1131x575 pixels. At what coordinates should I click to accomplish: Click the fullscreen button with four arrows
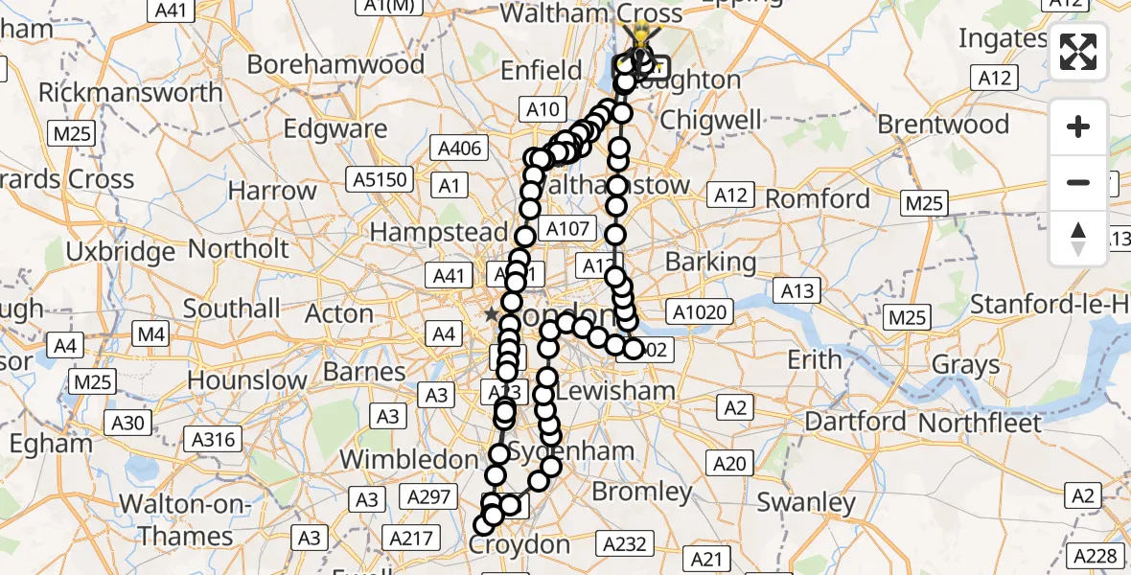(1078, 53)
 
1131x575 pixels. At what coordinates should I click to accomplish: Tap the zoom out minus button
(1078, 182)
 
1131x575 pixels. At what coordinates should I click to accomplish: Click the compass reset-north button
(1078, 239)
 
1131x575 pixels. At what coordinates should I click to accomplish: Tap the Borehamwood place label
(335, 64)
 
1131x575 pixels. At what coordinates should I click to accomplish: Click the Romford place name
(819, 199)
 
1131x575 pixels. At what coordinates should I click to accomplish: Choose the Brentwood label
(943, 125)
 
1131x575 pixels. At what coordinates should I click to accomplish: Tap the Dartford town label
(855, 421)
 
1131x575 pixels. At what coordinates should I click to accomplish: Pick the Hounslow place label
(246, 379)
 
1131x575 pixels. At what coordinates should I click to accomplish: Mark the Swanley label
(806, 502)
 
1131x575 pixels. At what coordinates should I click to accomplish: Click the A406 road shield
(459, 149)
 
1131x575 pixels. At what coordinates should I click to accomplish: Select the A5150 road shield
(381, 179)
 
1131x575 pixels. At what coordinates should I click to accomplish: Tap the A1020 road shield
(702, 310)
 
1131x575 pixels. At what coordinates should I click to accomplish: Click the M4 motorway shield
(152, 334)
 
